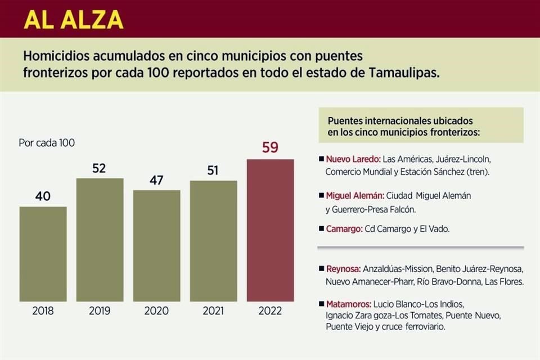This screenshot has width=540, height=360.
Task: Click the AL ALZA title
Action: (x=74, y=19)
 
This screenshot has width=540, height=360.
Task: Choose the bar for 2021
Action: (x=214, y=241)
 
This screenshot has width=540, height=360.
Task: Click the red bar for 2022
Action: (x=271, y=231)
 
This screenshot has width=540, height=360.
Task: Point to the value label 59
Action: (x=271, y=148)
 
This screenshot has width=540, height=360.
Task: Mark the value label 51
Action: (x=214, y=170)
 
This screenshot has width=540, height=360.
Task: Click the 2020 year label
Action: (x=157, y=310)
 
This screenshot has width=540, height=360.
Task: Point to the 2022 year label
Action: (x=271, y=310)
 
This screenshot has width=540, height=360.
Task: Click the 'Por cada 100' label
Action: (x=47, y=143)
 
